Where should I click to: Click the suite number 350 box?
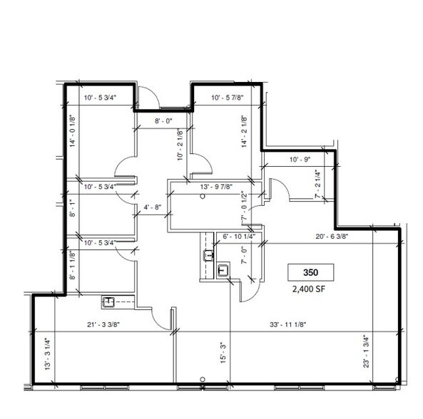[310, 272]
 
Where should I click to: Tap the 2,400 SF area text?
[310, 291]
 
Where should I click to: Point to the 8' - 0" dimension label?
[165, 121]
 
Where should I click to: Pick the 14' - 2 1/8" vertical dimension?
[244, 133]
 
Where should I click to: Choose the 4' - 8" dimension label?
[153, 208]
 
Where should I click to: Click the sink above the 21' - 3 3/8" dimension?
[110, 302]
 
